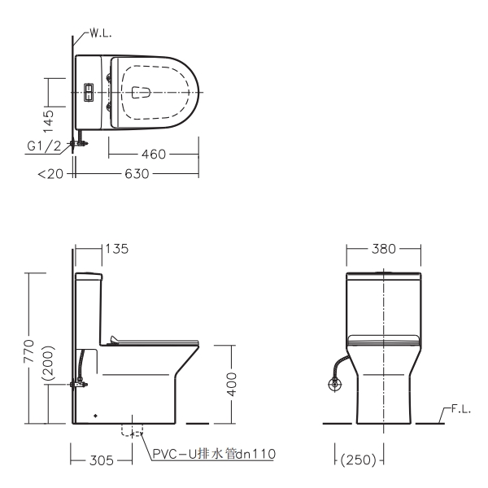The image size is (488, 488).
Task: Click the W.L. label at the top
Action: pyautogui.click(x=100, y=33)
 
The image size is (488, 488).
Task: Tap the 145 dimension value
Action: pyautogui.click(x=49, y=121)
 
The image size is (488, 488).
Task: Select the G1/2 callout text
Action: pyautogui.click(x=44, y=146)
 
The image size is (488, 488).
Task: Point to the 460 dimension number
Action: pyautogui.click(x=154, y=154)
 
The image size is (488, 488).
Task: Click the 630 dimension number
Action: pyautogui.click(x=137, y=174)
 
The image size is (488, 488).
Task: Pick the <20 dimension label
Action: pyautogui.click(x=50, y=174)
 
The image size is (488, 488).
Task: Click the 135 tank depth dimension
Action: pyautogui.click(x=116, y=249)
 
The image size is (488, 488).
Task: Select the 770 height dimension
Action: pyautogui.click(x=29, y=351)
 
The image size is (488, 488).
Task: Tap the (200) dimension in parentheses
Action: pyautogui.click(x=48, y=363)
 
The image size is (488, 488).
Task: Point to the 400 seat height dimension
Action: pyautogui.click(x=232, y=384)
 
